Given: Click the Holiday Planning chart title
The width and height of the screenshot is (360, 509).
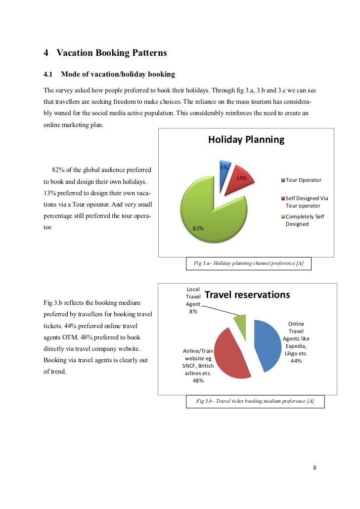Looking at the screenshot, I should pyautogui.click(x=246, y=139).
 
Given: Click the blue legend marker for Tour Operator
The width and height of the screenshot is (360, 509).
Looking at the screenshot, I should pyautogui.click(x=283, y=180).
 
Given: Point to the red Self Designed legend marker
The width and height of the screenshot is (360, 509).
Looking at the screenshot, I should pyautogui.click(x=283, y=198).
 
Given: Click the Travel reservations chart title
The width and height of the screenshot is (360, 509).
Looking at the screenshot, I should pyautogui.click(x=247, y=295).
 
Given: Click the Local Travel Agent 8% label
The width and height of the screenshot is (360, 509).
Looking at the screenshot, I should pyautogui.click(x=193, y=300).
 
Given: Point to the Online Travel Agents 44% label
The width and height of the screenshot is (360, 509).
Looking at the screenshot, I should pyautogui.click(x=296, y=342).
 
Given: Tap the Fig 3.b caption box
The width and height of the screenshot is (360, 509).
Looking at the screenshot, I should pyautogui.click(x=255, y=401).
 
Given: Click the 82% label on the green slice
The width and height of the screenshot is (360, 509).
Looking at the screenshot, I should pyautogui.click(x=198, y=228).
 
